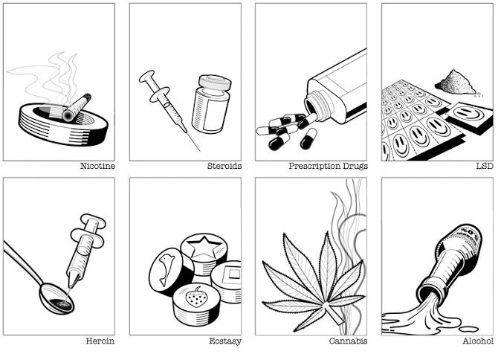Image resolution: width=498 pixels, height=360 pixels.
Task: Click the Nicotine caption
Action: pyautogui.click(x=97, y=166)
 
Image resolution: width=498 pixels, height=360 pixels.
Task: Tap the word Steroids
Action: pyautogui.click(x=224, y=166)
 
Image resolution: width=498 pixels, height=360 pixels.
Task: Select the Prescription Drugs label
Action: pyautogui.click(x=328, y=166)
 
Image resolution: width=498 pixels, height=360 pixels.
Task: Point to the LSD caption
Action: pyautogui.click(x=485, y=166)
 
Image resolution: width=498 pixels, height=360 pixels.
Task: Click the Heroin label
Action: pyautogui.click(x=100, y=341)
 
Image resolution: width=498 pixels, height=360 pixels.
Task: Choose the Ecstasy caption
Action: pyautogui.click(x=225, y=341)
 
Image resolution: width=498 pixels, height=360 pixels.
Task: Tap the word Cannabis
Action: pyautogui.click(x=348, y=341)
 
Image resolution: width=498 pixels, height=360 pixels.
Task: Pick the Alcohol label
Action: pyautogui.click(x=478, y=341)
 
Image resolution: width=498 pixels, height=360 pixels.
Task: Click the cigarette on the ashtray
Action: pyautogui.click(x=77, y=107)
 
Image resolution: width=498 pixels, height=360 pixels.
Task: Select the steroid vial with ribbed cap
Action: pyautogui.click(x=211, y=104)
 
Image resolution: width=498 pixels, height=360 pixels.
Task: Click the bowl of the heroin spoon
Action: pyautogui.click(x=56, y=299)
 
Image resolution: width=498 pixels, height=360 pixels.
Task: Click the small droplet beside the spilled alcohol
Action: pyautogui.click(x=470, y=329)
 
